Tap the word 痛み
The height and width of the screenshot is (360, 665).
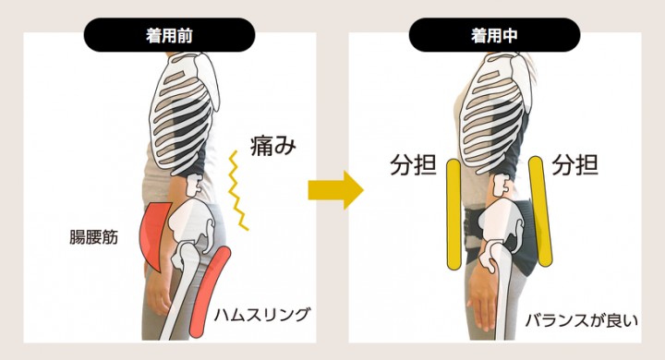point(272,145)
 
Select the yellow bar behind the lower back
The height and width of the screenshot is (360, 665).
point(541,209)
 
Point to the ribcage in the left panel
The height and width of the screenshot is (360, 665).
point(185,111)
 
